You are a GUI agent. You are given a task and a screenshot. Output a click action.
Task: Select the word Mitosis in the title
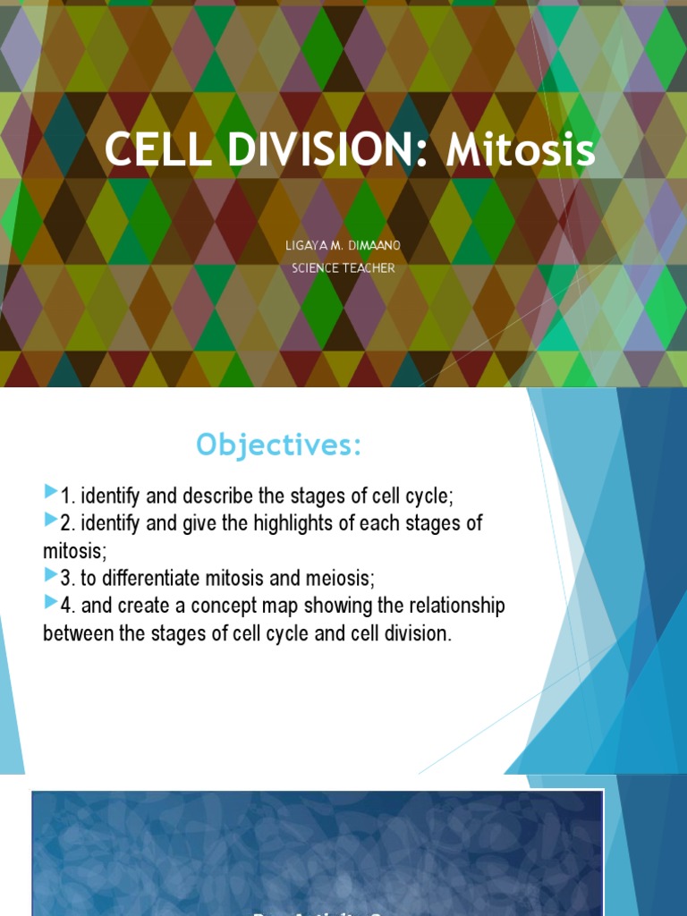(521, 151)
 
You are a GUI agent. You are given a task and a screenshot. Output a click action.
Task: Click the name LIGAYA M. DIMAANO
(343, 245)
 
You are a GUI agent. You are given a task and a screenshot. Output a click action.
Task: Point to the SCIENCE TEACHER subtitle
(343, 268)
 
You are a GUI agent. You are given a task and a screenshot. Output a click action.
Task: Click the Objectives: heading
(279, 445)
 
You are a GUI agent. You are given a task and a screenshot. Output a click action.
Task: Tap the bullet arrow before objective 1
(50, 492)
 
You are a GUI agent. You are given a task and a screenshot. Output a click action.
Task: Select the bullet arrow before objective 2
(50, 521)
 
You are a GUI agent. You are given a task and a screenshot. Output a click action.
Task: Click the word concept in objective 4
(227, 606)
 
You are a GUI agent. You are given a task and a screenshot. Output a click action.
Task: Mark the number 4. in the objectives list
(68, 606)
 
